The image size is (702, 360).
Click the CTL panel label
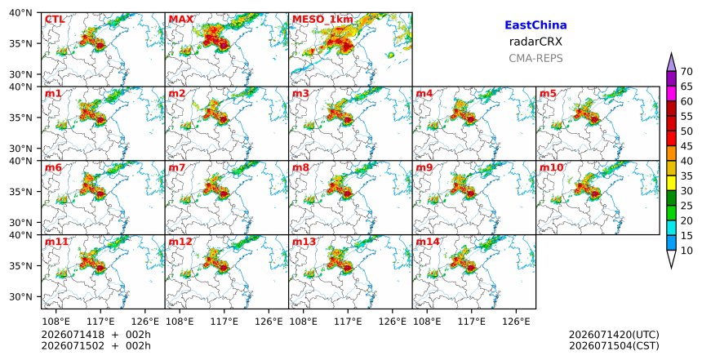pyautogui.click(x=55, y=20)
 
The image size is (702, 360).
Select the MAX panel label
pyautogui.click(x=181, y=20)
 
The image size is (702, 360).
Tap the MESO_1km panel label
pyautogui.click(x=322, y=20)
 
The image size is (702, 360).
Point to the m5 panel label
pyautogui.click(x=548, y=94)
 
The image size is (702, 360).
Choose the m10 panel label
pyautogui.click(x=551, y=167)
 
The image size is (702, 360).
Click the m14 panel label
pyautogui.click(x=428, y=242)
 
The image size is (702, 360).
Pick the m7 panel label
pyautogui.click(x=177, y=167)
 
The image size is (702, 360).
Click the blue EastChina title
pyautogui.click(x=535, y=25)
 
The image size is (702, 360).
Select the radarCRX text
pyautogui.click(x=535, y=42)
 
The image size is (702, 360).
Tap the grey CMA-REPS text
pyautogui.click(x=535, y=58)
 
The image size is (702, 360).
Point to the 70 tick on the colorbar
pyautogui.click(x=686, y=72)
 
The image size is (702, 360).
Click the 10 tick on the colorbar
pyautogui.click(x=686, y=251)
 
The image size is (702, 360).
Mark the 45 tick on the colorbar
pyautogui.click(x=686, y=146)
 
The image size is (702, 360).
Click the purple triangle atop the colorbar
pyautogui.click(x=671, y=63)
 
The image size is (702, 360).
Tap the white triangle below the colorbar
pyautogui.click(x=671, y=259)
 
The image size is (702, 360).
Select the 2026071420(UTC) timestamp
pyautogui.click(x=614, y=335)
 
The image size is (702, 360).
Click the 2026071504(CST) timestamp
pyautogui.click(x=614, y=346)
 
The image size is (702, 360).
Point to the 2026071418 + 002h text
pyautogui.click(x=96, y=335)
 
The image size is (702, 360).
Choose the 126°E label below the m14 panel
pyautogui.click(x=516, y=322)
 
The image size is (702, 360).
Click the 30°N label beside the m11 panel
pyautogui.click(x=20, y=296)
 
